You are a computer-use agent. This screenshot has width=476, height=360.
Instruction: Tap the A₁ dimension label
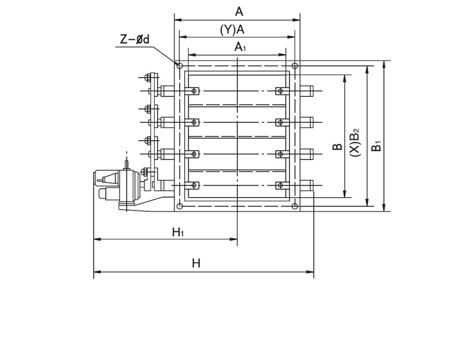pyautogui.click(x=237, y=47)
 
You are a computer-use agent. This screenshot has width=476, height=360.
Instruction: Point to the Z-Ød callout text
pyautogui.click(x=135, y=40)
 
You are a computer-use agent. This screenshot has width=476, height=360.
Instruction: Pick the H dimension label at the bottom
pyautogui.click(x=196, y=263)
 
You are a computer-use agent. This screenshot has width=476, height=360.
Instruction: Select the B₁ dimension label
pyautogui.click(x=377, y=145)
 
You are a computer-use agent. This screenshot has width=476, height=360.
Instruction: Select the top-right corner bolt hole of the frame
pyautogui.click(x=295, y=65)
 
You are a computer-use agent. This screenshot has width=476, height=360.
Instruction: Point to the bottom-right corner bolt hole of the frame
pyautogui.click(x=295, y=206)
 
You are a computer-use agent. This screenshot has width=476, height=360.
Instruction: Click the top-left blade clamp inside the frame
pyautogui.click(x=194, y=92)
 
